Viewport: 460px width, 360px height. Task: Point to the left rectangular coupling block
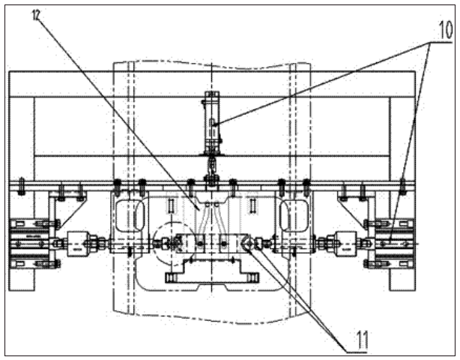click(77, 243)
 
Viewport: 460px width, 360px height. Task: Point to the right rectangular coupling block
click(346, 243)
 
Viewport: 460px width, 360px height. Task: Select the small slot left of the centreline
click(172, 204)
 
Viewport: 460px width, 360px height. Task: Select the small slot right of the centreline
click(253, 204)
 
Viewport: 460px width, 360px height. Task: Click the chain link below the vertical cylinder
click(212, 160)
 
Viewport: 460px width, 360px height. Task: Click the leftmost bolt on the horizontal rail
click(22, 184)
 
